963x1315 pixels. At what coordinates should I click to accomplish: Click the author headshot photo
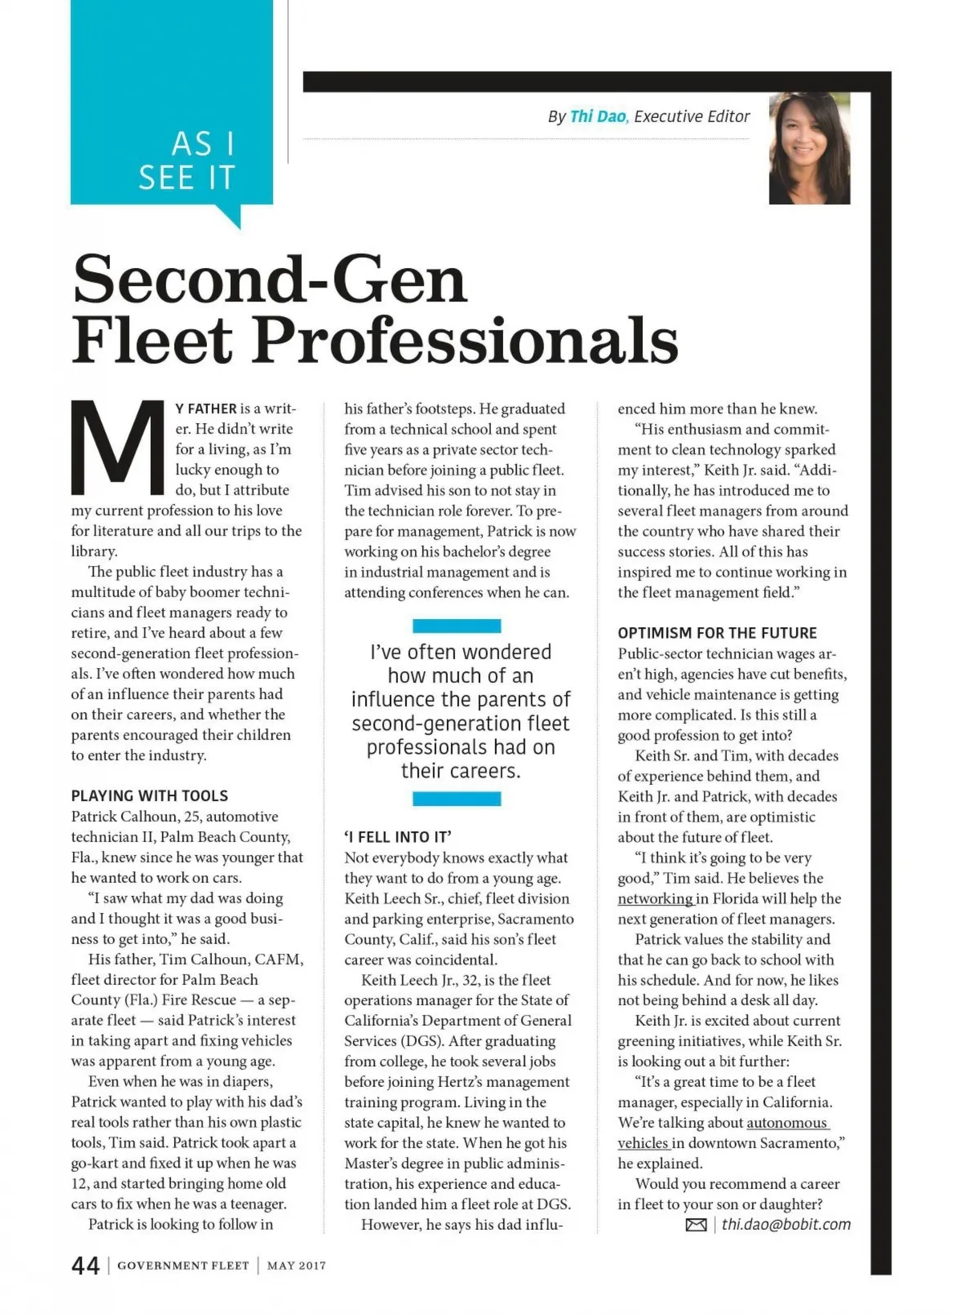(809, 149)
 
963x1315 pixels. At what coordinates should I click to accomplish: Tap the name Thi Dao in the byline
(598, 116)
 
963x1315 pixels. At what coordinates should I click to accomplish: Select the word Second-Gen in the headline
(270, 279)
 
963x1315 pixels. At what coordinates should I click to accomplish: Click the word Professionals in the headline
(466, 340)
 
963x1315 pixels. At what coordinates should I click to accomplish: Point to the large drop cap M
(118, 448)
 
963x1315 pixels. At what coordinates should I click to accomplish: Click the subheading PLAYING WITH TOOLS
(149, 796)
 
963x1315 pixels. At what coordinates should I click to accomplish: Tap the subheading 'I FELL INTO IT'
(398, 837)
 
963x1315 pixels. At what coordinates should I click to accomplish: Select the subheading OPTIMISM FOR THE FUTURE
(717, 633)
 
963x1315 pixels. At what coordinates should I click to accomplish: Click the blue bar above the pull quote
(457, 626)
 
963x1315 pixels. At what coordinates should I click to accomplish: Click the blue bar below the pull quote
(457, 799)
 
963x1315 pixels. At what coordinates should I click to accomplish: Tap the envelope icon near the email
(696, 1225)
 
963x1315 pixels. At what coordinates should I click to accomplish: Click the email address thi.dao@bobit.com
(786, 1224)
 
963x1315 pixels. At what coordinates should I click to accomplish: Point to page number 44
(85, 1266)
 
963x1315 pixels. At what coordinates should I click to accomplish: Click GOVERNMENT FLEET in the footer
(183, 1266)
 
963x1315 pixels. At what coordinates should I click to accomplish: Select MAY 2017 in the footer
(296, 1266)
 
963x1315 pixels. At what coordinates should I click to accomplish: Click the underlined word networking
(655, 899)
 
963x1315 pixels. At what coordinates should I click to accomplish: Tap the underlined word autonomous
(786, 1123)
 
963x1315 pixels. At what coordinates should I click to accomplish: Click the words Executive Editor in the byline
(692, 116)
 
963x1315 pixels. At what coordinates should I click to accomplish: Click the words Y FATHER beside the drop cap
(206, 409)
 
